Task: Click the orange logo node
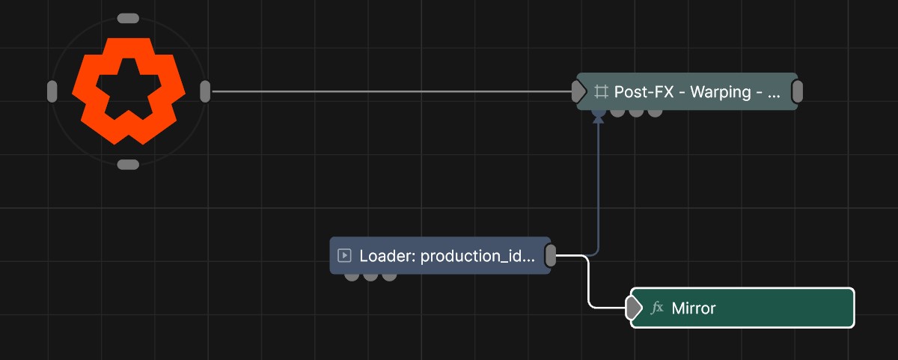pyautogui.click(x=129, y=91)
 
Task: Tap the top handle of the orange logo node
pyautogui.click(x=128, y=19)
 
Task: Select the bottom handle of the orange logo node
pyautogui.click(x=128, y=165)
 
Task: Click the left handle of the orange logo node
pyautogui.click(x=52, y=91)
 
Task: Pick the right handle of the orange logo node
pyautogui.click(x=205, y=91)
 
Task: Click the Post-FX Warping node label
pyautogui.click(x=697, y=92)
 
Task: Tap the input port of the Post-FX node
pyautogui.click(x=578, y=91)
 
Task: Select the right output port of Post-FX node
pyautogui.click(x=798, y=91)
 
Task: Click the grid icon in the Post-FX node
pyautogui.click(x=601, y=92)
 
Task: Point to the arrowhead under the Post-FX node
pyautogui.click(x=599, y=120)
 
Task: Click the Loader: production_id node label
pyautogui.click(x=447, y=256)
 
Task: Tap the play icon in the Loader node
pyautogui.click(x=344, y=255)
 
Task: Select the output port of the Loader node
pyautogui.click(x=551, y=255)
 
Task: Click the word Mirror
pyautogui.click(x=694, y=308)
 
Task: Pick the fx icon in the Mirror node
pyautogui.click(x=657, y=308)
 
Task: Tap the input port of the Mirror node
pyautogui.click(x=633, y=308)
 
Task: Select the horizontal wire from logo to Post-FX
pyautogui.click(x=391, y=91)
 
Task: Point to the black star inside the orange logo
pyautogui.click(x=128, y=89)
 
